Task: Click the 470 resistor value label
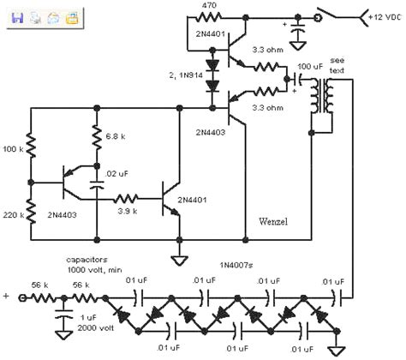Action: (x=211, y=5)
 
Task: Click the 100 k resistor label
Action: (x=13, y=149)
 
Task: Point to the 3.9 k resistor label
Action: (x=127, y=211)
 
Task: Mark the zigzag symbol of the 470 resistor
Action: (x=211, y=16)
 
